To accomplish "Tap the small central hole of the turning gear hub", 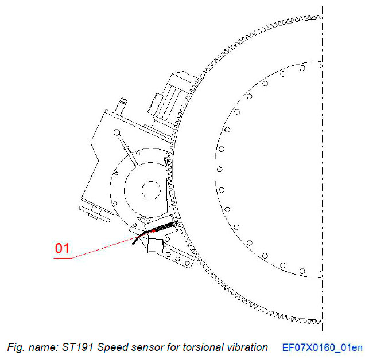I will tap(150, 189).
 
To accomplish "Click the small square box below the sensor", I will tap(156, 245).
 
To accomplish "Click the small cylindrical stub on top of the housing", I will tap(122, 104).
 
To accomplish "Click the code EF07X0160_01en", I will tap(323, 347).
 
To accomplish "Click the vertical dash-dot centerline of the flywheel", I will tap(323, 172).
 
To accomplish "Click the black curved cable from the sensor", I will tap(136, 238).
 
